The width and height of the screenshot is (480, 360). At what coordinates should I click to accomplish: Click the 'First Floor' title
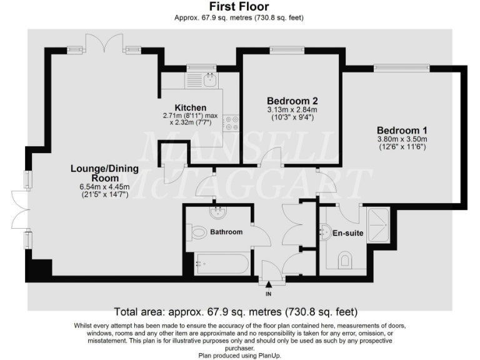239,7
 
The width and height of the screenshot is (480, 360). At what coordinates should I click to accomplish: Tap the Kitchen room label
191,108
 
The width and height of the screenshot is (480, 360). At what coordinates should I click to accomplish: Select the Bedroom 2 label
292,101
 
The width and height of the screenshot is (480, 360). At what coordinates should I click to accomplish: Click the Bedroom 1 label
401,130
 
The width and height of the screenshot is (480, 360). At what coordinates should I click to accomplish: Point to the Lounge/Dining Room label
100,172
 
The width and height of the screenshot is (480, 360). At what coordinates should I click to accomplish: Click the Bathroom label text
226,232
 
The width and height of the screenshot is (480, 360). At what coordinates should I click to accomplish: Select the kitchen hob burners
232,122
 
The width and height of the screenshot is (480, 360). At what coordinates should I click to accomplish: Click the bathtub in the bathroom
221,264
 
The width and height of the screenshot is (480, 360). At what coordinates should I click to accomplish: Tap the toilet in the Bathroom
198,233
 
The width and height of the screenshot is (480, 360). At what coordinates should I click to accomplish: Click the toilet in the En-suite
345,260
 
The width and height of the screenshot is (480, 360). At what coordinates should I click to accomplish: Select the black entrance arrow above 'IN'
269,285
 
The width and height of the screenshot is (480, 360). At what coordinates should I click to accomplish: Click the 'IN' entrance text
269,293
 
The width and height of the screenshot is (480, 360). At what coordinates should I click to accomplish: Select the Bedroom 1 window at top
401,67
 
